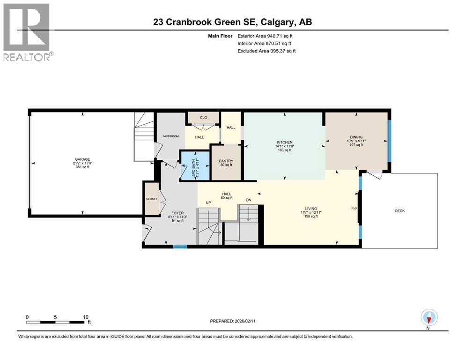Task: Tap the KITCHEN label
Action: pos(284,142)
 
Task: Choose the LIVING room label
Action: pos(311,208)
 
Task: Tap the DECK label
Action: pos(399,211)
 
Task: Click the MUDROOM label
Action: pos(171,136)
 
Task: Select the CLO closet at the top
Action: pos(203,118)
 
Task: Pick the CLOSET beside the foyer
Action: pos(152,199)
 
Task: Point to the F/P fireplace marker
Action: pos(354,208)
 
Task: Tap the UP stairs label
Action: pos(209,202)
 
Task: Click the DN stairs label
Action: pos(249,200)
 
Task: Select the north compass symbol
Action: pos(428,318)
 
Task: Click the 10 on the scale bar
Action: pos(86,317)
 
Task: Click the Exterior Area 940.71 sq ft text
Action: pos(267,36)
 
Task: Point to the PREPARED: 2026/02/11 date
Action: pos(232,321)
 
